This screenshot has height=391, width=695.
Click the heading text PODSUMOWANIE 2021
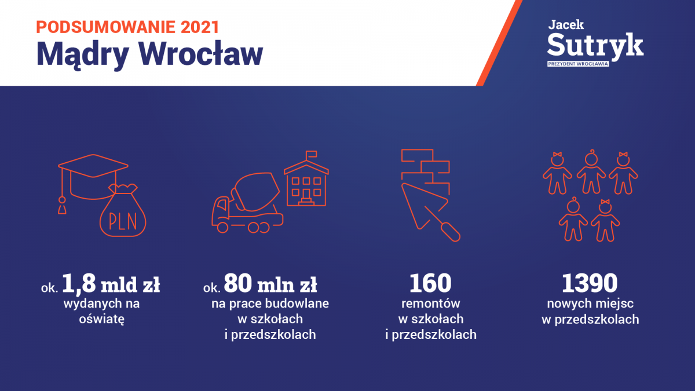point(127,27)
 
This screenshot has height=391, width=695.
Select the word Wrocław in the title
point(201,54)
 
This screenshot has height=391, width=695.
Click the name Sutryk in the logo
point(595,46)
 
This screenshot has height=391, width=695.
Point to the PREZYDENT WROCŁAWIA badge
point(578,64)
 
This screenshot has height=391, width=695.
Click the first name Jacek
point(566,24)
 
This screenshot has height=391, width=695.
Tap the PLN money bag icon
point(123,210)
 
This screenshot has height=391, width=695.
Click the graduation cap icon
point(93,183)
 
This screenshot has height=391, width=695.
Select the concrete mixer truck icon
point(247,203)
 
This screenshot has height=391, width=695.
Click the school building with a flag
point(306,178)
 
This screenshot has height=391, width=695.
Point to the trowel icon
point(430,211)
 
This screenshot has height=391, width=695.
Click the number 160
point(430,283)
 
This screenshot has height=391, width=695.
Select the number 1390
point(590,283)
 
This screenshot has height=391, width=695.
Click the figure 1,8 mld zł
point(111,284)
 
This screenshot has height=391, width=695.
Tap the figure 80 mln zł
point(270,283)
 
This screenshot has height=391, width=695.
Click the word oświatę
point(102,319)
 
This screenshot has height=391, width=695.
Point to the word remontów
point(431,304)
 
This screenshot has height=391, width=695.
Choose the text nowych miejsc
point(590,304)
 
